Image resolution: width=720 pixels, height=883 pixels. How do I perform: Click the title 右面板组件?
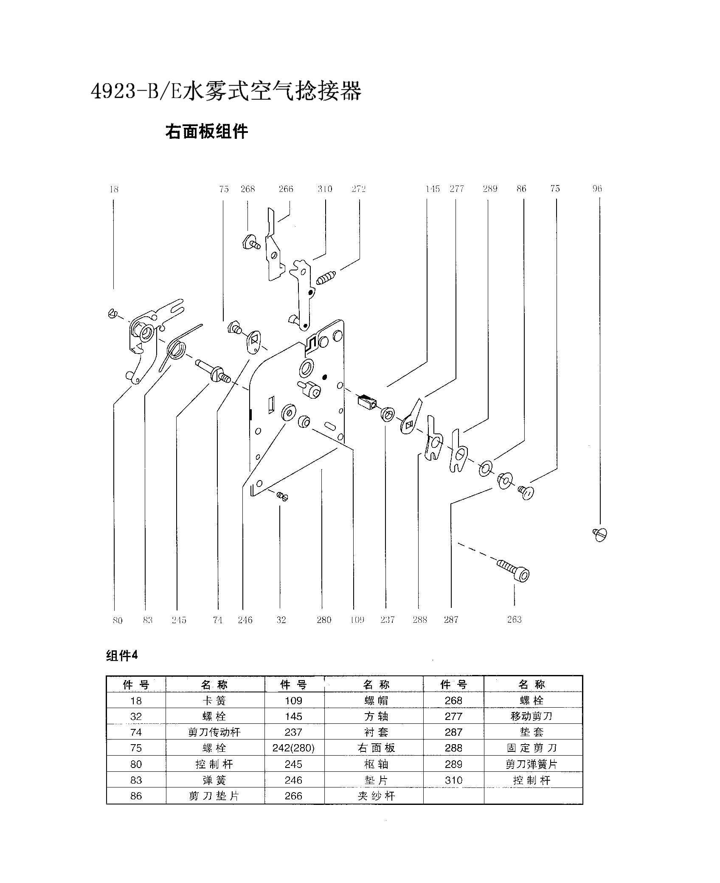[206, 132]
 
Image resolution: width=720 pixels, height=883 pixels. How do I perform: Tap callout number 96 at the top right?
[597, 188]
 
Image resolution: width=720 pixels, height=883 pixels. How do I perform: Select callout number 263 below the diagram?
[514, 619]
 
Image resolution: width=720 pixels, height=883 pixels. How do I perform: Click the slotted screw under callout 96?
[600, 534]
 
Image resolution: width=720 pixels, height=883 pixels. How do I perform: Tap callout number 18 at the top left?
[114, 189]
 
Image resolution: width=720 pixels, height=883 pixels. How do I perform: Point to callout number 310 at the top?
[325, 189]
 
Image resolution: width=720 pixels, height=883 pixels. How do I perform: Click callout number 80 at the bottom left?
[118, 620]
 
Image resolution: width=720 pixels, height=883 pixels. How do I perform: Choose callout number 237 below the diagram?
[387, 620]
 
